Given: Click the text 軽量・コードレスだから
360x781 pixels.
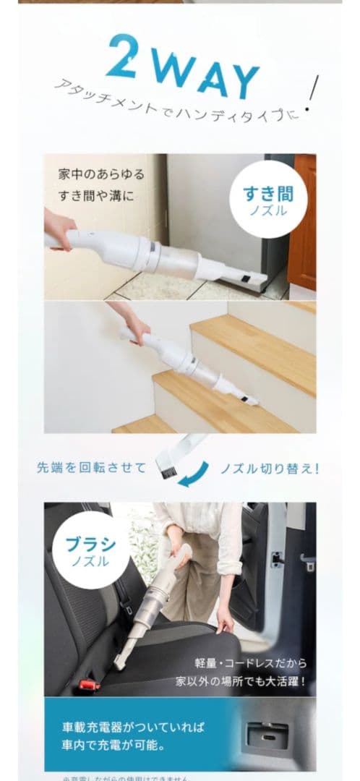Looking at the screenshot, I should [x=251, y=662].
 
